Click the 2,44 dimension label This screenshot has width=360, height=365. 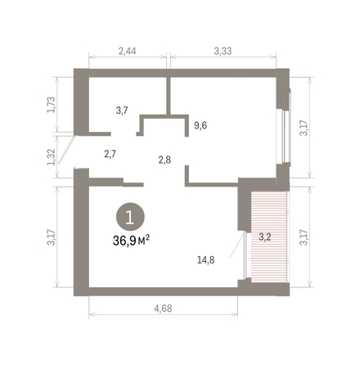point(127,51)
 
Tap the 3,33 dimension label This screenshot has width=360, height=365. point(223,51)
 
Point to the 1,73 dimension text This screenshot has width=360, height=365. point(52,105)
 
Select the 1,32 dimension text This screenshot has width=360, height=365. point(52,157)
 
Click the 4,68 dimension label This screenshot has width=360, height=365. point(163,309)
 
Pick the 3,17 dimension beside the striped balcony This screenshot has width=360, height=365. point(304,237)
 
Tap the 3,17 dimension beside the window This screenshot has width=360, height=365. point(304,128)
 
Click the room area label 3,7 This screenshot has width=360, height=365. point(122,110)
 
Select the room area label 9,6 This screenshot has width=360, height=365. point(200,125)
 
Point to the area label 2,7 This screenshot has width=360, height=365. point(110,154)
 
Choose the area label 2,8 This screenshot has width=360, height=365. point(164,160)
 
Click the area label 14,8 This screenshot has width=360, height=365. point(205,260)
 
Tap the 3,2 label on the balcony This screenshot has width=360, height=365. point(264,237)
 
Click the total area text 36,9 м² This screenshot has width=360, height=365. point(131,241)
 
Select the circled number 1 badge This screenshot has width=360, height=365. point(130,217)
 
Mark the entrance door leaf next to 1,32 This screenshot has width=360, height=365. point(66,150)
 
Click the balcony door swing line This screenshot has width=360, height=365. point(237,245)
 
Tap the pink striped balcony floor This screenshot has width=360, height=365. point(268,237)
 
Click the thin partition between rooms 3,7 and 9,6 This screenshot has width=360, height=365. point(169,96)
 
